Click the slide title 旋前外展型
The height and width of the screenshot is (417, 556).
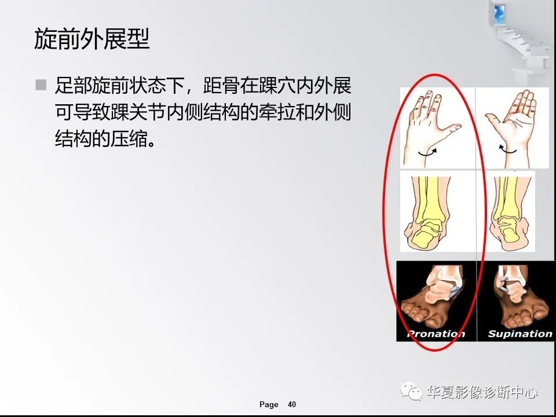[92, 39]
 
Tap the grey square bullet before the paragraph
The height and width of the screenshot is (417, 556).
[41, 85]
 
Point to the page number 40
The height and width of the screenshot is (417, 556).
[292, 404]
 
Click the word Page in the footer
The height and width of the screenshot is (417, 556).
[269, 404]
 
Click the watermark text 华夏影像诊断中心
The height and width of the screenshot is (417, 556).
[482, 393]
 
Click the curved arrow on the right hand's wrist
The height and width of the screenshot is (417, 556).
[508, 149]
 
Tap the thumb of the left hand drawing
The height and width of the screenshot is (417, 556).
[452, 127]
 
